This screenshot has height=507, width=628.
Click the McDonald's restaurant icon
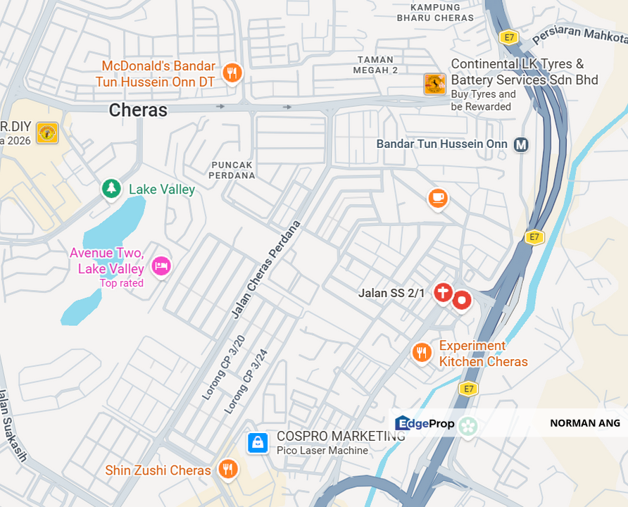click(232, 73)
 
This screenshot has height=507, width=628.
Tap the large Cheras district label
click(138, 110)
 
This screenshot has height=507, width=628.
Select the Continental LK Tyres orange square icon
click(434, 84)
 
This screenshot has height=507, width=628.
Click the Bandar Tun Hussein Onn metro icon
click(521, 144)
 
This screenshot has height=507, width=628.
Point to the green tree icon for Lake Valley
click(111, 188)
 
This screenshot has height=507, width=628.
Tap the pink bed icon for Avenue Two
click(161, 266)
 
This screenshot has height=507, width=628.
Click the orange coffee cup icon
click(438, 198)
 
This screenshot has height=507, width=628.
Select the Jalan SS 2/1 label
click(391, 293)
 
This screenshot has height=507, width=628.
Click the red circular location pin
click(462, 301)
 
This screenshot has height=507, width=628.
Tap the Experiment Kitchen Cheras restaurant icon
click(422, 352)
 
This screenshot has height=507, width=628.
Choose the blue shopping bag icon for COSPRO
click(258, 442)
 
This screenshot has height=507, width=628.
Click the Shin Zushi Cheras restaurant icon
click(227, 469)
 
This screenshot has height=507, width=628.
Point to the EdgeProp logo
click(425, 423)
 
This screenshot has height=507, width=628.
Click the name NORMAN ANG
click(585, 423)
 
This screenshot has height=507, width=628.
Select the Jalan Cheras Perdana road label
click(267, 270)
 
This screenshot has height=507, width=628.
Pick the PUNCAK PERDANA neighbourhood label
click(232, 170)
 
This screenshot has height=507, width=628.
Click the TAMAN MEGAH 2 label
click(377, 65)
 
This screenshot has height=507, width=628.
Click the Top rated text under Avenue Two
click(122, 283)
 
